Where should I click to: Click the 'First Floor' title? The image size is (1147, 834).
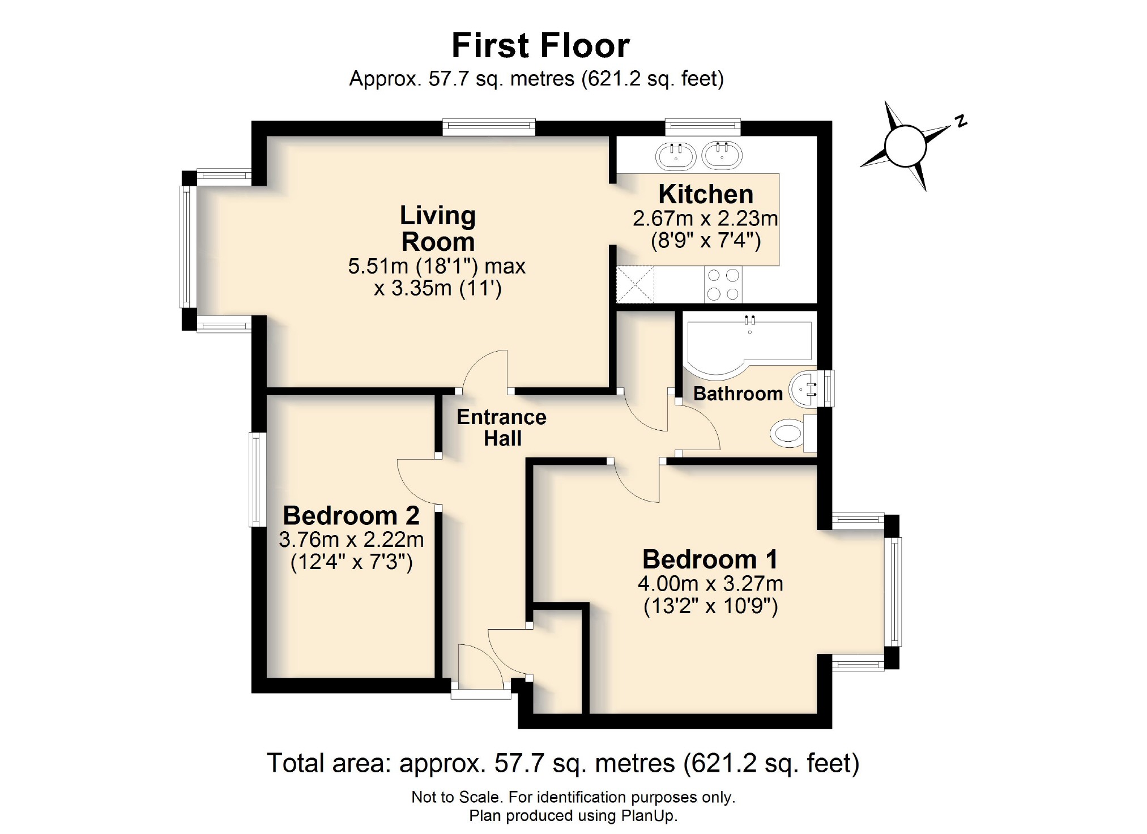(540, 45)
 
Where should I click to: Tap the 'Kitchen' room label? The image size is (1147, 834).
(705, 194)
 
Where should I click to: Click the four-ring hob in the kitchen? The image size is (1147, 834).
(723, 284)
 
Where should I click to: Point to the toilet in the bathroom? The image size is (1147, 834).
(788, 434)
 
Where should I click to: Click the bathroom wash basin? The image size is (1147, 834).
(805, 390)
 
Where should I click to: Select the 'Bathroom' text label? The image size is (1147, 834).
(737, 394)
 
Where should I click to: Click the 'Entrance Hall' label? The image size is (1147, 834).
(501, 427)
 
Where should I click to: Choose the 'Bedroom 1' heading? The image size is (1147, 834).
(710, 559)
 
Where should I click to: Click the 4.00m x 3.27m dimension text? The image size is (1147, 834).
(710, 583)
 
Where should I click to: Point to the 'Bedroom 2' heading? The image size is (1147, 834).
(351, 515)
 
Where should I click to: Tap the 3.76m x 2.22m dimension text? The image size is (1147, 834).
(351, 540)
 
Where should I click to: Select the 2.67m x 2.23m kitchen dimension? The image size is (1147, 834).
(705, 218)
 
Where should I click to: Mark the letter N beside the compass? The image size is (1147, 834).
(961, 121)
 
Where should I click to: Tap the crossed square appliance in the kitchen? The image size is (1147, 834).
(635, 284)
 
